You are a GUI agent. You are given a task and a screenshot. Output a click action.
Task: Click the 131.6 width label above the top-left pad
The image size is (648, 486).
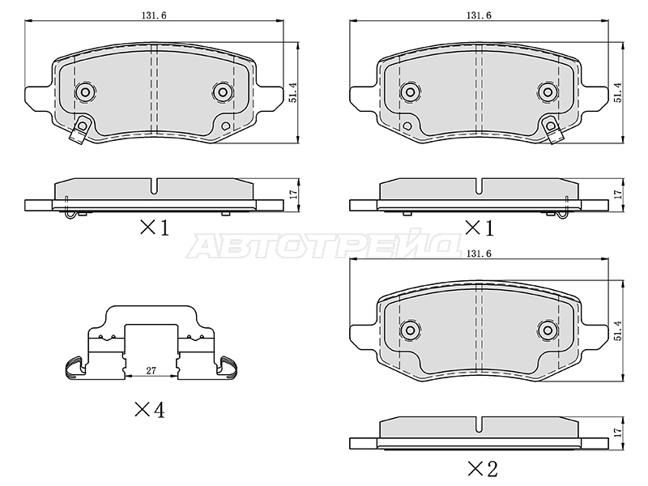click(154, 15)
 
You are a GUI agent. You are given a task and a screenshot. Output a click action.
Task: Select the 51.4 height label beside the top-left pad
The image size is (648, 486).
click(292, 92)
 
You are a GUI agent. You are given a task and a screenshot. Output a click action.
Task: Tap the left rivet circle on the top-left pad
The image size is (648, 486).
click(85, 92)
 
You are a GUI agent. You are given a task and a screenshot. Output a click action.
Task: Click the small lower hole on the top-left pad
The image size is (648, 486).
click(226, 126)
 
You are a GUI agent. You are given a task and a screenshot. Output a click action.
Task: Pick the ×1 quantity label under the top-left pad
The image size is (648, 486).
click(155, 228)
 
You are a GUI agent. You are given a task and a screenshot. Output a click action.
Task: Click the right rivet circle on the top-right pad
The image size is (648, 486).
click(548, 92)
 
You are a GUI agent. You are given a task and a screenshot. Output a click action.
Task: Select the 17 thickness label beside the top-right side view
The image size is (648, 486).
click(617, 194)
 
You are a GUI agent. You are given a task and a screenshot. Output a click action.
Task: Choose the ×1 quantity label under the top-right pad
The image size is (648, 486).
click(480, 228)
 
